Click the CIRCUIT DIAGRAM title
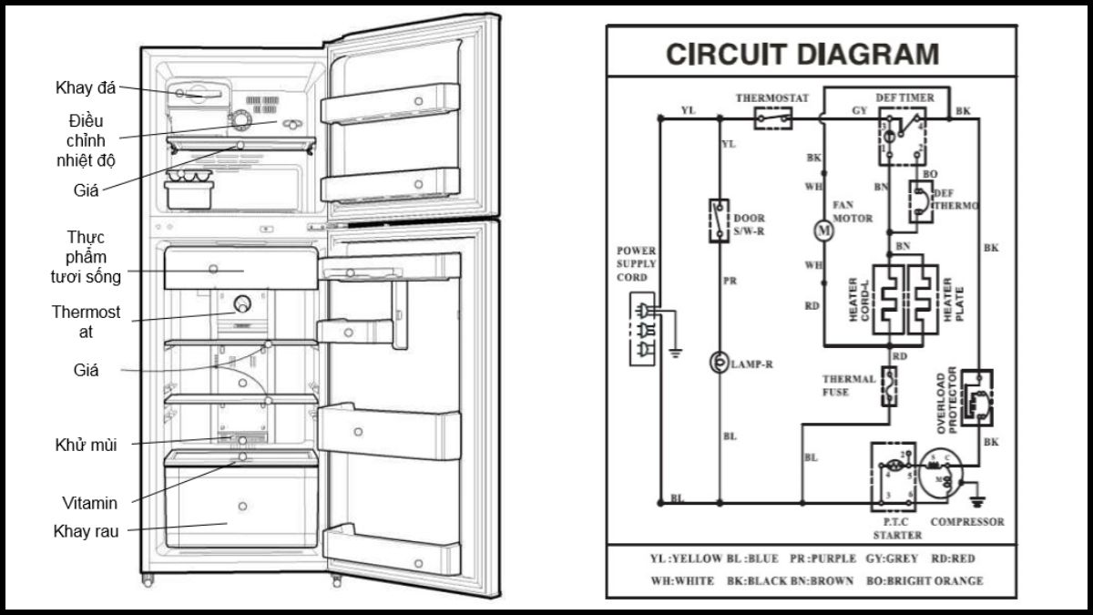(802, 55)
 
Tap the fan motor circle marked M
(823, 231)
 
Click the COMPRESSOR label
(967, 522)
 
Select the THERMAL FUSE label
(848, 385)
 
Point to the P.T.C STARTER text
(896, 529)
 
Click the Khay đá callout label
(84, 87)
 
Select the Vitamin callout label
(89, 502)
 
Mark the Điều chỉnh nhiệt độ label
(87, 140)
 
